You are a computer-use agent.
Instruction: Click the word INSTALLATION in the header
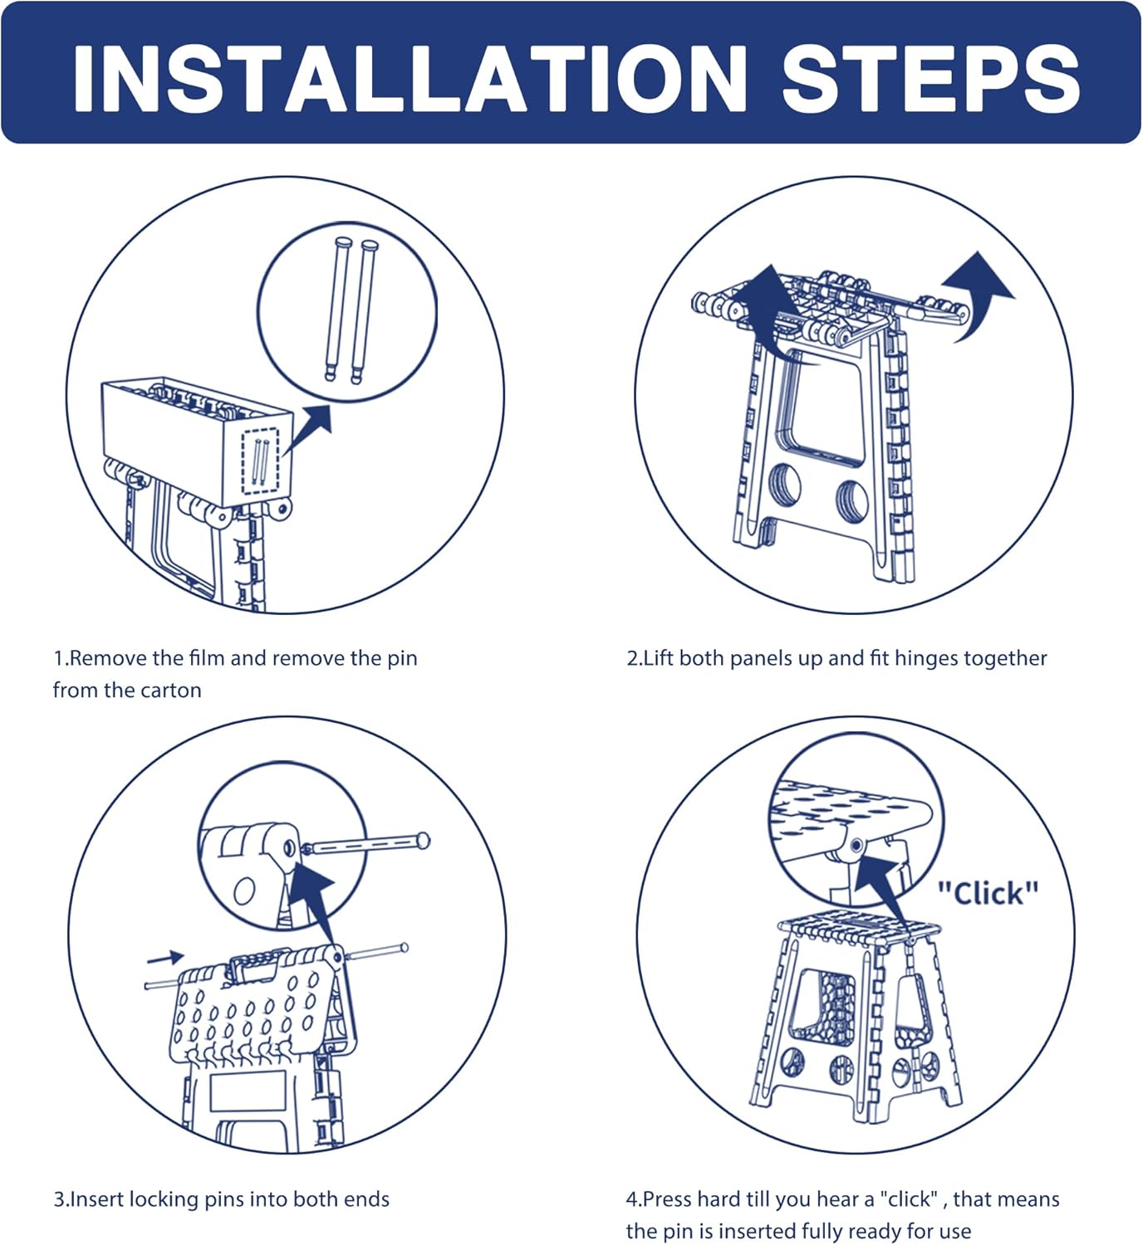[x=410, y=78]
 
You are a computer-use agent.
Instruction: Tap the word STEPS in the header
[x=931, y=78]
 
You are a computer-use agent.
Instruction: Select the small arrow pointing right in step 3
[x=166, y=959]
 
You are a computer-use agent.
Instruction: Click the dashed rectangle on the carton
[x=260, y=461]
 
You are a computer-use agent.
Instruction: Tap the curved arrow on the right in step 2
[x=979, y=294]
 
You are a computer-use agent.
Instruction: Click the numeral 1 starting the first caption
[x=58, y=658]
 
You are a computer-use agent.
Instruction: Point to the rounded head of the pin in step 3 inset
[x=423, y=842]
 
